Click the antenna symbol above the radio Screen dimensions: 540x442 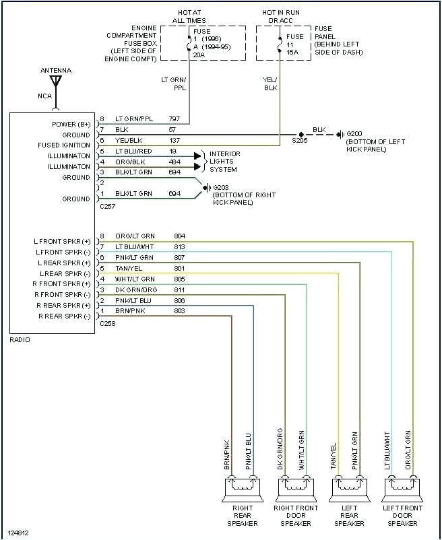(55, 82)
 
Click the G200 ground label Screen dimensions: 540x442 (354, 134)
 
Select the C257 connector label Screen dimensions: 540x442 (108, 207)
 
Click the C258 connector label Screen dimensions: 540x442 (108, 324)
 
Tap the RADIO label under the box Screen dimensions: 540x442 (20, 340)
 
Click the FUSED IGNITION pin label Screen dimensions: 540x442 (64, 145)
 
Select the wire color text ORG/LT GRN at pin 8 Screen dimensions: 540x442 (135, 236)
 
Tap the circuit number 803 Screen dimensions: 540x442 (179, 311)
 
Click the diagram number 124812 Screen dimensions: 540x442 (18, 533)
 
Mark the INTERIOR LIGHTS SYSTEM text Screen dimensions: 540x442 (224, 162)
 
